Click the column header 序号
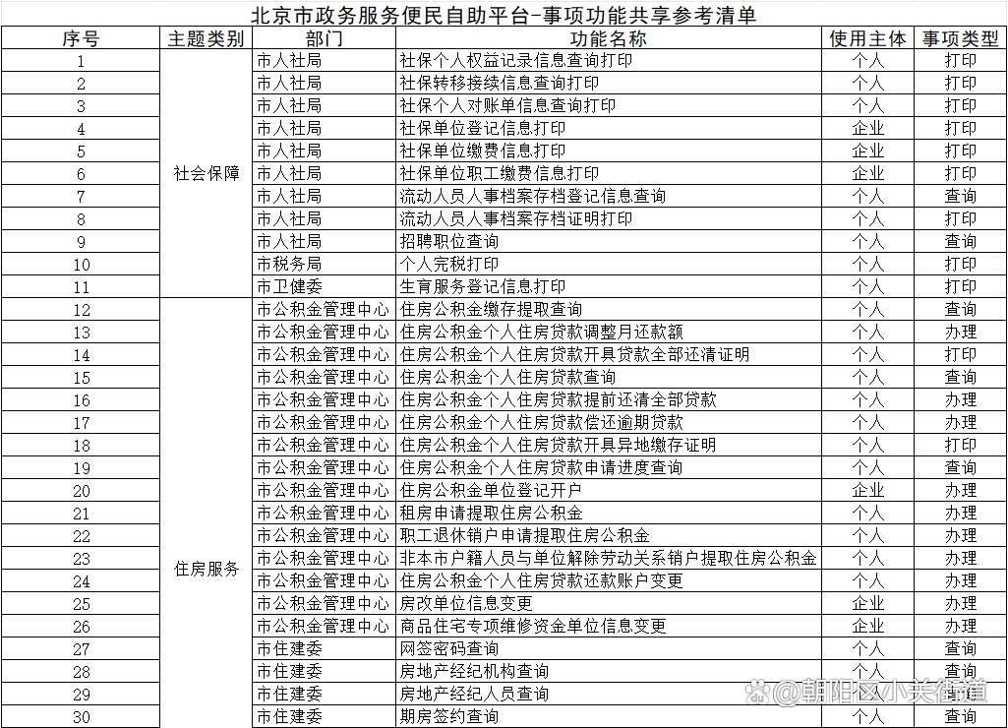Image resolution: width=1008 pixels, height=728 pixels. click(x=81, y=38)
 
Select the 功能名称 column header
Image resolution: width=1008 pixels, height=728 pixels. click(x=609, y=38)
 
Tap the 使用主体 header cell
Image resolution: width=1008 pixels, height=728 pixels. click(x=867, y=38)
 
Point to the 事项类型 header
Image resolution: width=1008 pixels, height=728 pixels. click(x=960, y=38)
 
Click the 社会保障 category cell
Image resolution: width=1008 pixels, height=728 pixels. click(x=207, y=173)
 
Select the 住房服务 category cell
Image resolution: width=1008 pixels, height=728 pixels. click(x=207, y=569)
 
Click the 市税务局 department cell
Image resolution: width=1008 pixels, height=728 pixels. click(x=289, y=264)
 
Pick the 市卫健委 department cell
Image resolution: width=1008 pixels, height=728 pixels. click(x=289, y=286)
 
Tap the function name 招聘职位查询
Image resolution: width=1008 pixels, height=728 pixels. click(x=448, y=241)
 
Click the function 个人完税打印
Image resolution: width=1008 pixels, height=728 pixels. click(x=448, y=264)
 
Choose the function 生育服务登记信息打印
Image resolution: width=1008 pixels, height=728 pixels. click(x=482, y=286)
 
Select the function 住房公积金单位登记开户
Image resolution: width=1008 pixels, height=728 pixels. click(x=490, y=490)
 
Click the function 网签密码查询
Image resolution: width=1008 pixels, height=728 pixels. click(x=448, y=648)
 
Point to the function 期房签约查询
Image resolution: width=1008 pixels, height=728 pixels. click(x=448, y=716)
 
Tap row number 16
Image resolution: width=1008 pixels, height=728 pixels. click(x=81, y=400)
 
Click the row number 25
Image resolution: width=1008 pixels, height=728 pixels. click(x=81, y=604)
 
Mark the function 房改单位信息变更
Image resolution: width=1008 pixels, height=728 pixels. click(x=466, y=603)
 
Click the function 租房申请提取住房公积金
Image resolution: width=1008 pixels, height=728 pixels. click(x=491, y=513)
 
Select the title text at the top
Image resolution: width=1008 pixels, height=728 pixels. click(x=504, y=14)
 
